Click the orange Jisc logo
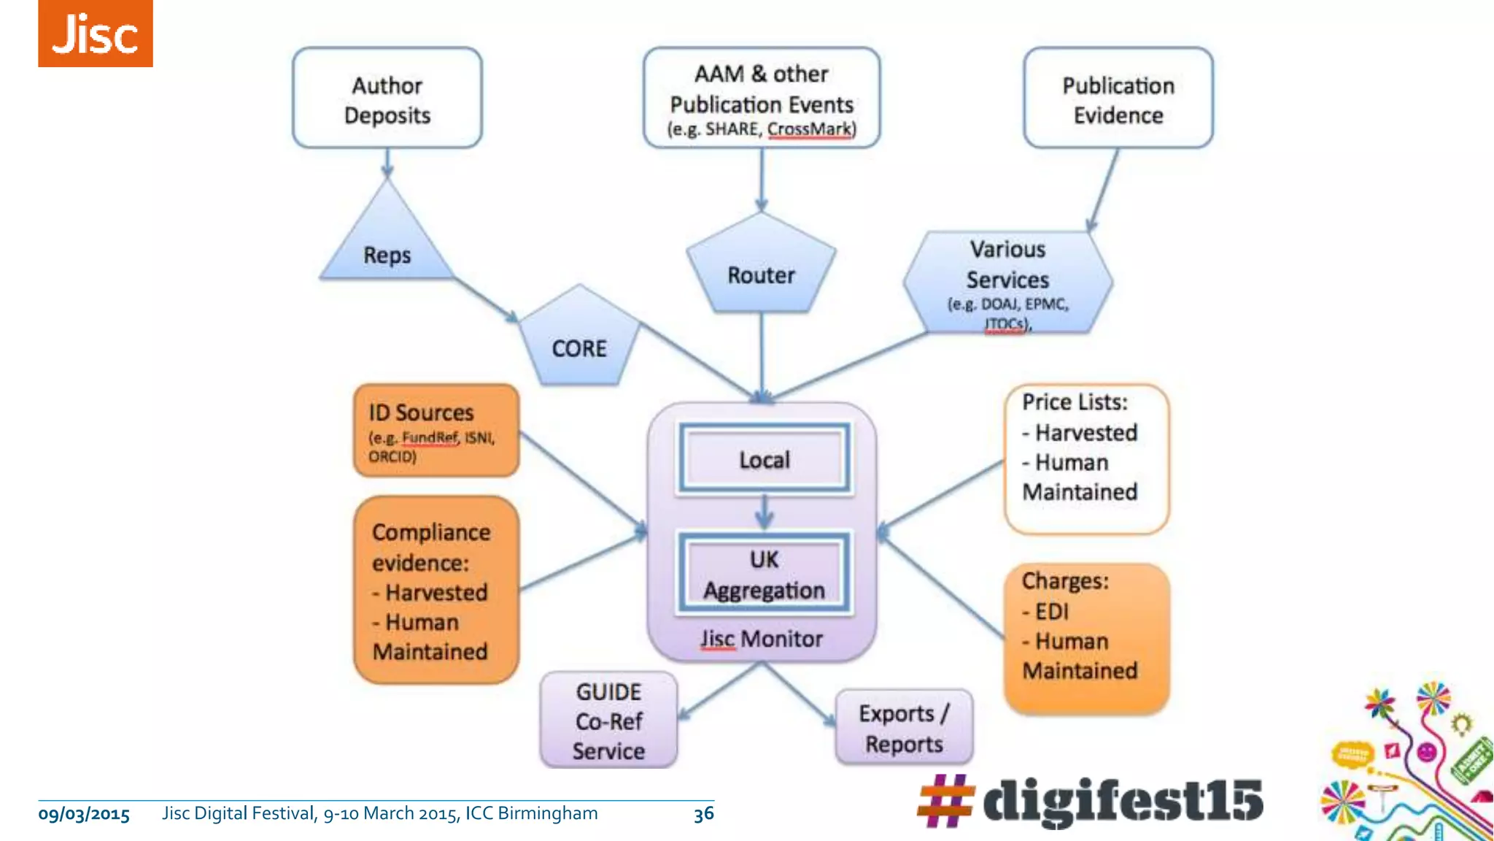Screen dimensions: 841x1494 point(95,34)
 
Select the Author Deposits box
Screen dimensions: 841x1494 point(387,99)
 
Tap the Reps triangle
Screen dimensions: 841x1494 point(387,248)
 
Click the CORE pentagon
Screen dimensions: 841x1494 point(579,343)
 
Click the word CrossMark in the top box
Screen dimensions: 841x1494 point(809,129)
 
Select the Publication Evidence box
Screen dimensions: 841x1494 point(1118,99)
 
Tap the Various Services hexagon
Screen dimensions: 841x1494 point(1007,281)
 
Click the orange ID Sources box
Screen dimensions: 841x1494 point(436,431)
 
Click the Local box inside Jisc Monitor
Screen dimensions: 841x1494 point(764,460)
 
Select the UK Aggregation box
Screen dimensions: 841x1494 point(764,575)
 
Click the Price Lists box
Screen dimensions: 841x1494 point(1085,458)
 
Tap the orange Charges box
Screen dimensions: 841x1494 point(1085,637)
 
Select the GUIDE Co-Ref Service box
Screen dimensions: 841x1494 point(608,721)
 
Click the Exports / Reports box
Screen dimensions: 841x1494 point(904,728)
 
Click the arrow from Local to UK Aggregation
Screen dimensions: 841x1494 point(764,512)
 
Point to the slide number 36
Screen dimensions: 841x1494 point(703,814)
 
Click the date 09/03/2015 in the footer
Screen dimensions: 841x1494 point(84,814)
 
